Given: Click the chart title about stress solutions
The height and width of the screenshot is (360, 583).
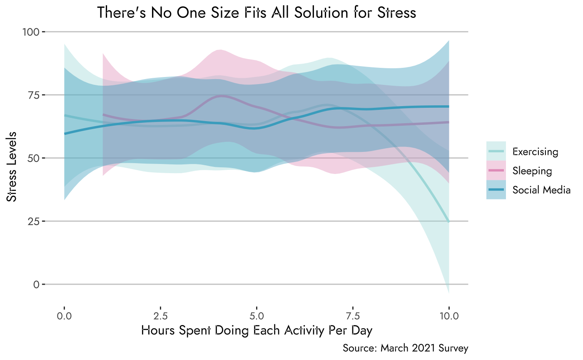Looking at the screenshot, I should [257, 12].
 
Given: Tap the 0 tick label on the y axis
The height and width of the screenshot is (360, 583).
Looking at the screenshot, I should [37, 284].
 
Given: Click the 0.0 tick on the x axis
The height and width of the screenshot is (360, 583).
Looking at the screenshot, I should [64, 316].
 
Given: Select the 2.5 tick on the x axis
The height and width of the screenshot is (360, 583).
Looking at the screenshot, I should [160, 316].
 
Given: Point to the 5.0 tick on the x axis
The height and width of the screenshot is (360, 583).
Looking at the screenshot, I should [257, 316].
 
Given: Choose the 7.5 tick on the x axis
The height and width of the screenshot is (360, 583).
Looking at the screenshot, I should [353, 316].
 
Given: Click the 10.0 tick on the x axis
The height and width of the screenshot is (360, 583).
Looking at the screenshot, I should [448, 316].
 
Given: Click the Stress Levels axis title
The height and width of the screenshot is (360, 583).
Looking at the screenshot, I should [12, 167].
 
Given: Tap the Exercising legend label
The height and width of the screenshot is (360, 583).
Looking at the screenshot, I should [535, 151].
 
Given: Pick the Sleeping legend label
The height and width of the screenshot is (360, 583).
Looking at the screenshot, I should [532, 171].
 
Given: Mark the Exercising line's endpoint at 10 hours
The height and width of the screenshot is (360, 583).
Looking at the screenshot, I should [448, 221].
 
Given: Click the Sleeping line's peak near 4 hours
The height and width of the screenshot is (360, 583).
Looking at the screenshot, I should [222, 96].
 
